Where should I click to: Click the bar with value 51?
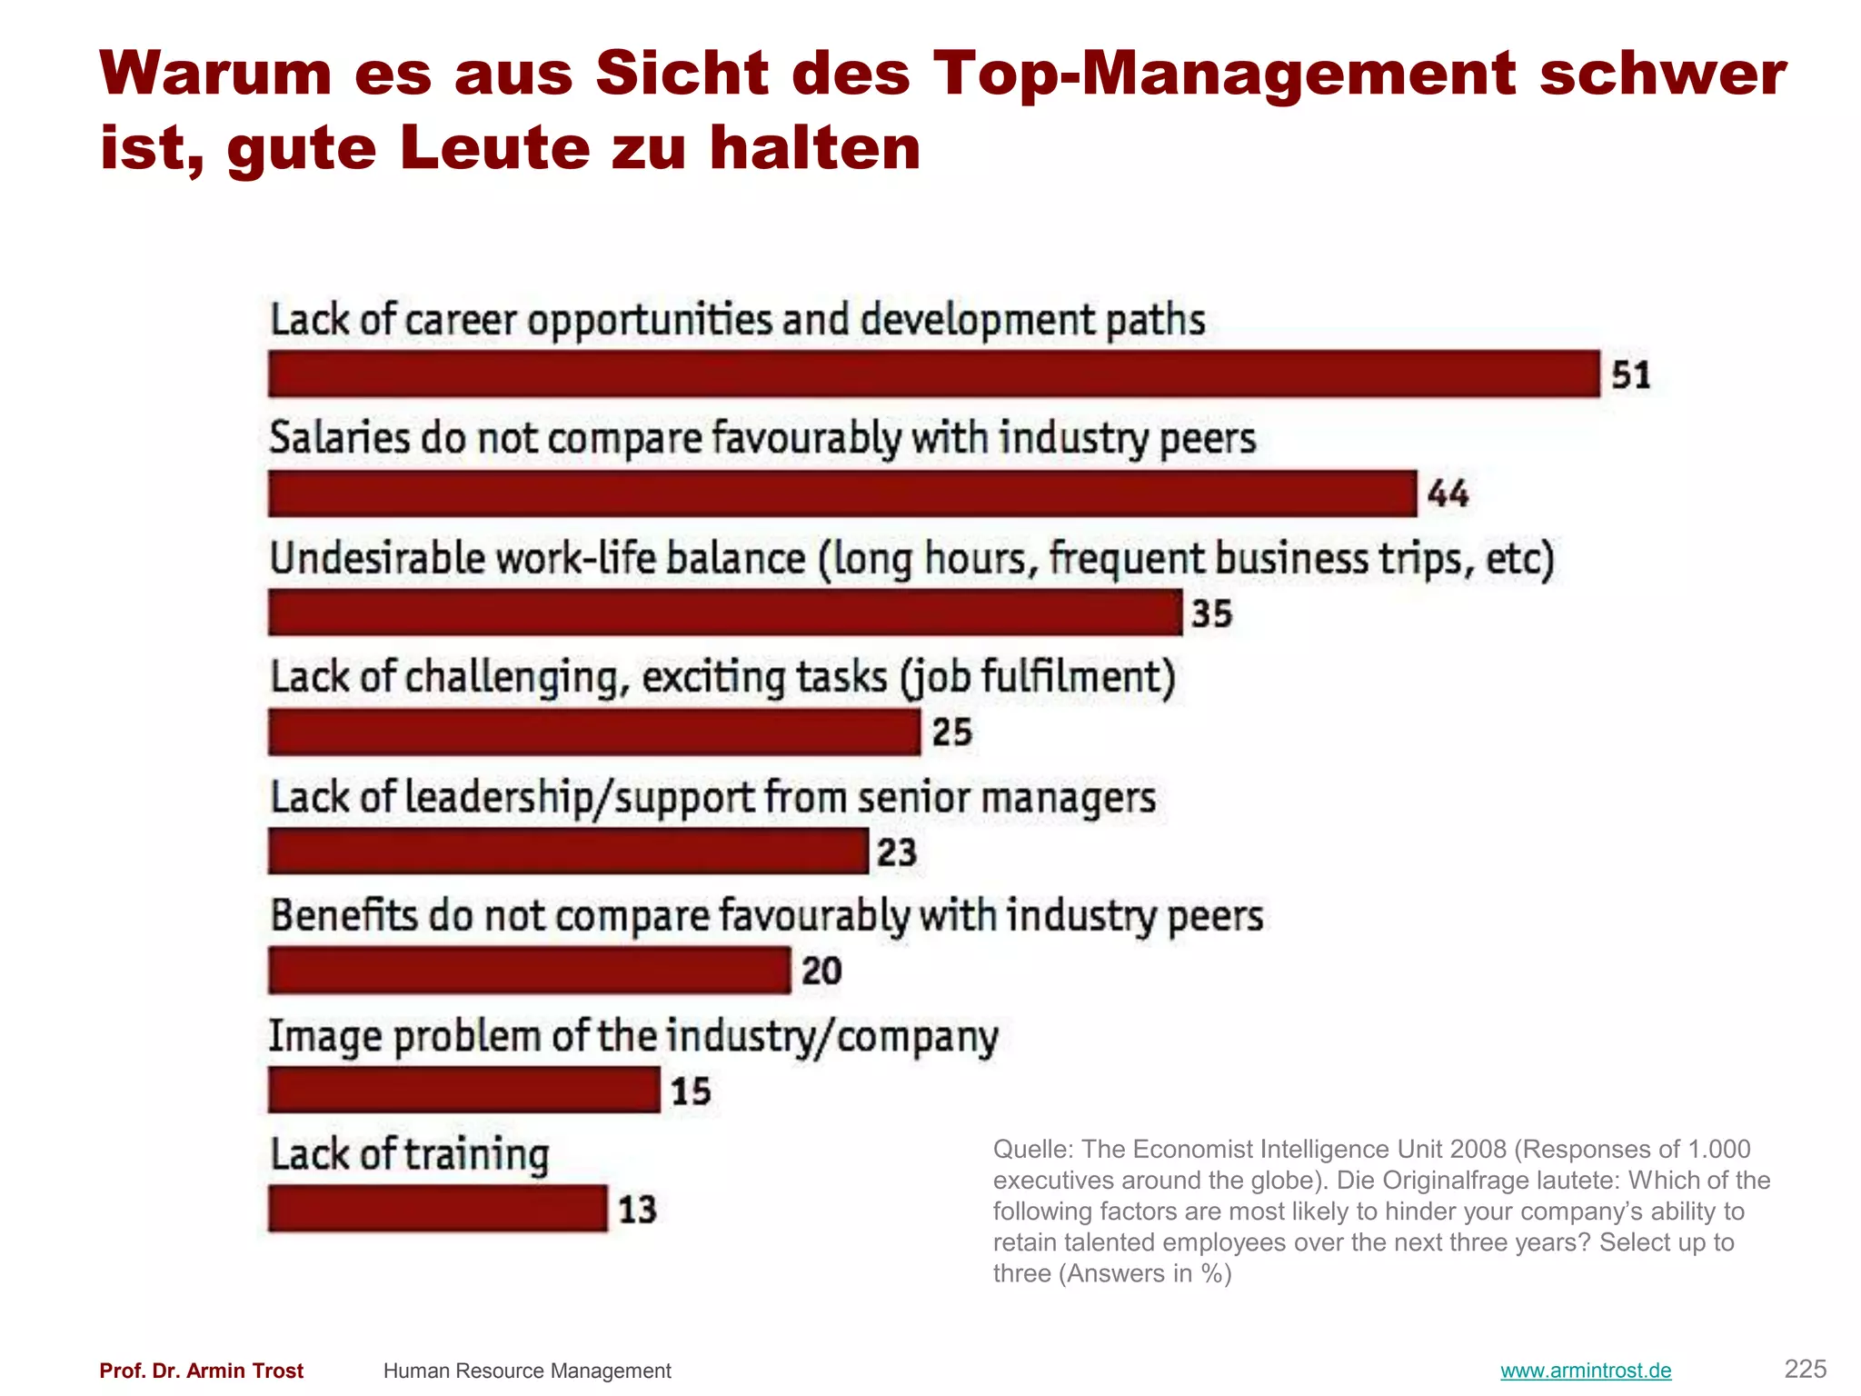point(933,374)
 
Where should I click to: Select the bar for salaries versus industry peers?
point(841,494)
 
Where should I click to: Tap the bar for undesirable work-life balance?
point(725,613)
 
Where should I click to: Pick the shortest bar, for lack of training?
point(437,1209)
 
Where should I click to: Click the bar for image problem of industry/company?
point(463,1090)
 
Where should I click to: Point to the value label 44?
point(1448,494)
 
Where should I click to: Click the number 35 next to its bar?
point(1212,613)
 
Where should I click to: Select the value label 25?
point(952,733)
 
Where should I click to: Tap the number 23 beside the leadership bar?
point(897,853)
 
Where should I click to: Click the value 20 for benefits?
point(821,971)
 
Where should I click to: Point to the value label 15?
point(691,1091)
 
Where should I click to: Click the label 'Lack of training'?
point(410,1155)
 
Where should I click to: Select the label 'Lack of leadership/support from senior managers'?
point(712,798)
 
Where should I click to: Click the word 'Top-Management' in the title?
point(1224,73)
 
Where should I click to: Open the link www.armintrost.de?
point(1585,1371)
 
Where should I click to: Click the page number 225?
point(1805,1369)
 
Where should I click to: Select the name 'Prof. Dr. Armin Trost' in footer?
point(201,1371)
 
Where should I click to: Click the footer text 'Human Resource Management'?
point(527,1371)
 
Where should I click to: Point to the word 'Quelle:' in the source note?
point(1033,1150)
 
